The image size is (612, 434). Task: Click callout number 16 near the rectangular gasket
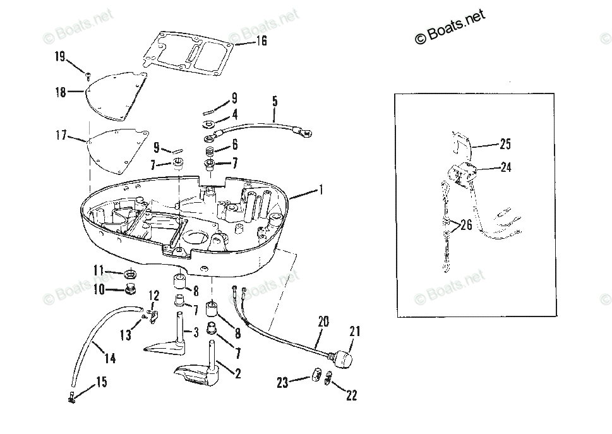click(261, 41)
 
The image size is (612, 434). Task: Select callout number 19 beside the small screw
click(60, 57)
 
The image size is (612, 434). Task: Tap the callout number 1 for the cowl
click(321, 189)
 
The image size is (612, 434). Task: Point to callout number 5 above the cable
click(275, 100)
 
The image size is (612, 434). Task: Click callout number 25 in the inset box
click(505, 144)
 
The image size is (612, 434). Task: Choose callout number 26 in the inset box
click(465, 225)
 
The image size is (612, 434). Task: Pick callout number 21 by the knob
click(354, 332)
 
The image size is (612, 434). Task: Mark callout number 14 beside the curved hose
click(110, 358)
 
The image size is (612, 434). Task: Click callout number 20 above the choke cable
click(323, 322)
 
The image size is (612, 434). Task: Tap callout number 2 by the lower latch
click(238, 373)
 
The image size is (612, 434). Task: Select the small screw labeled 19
click(88, 75)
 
